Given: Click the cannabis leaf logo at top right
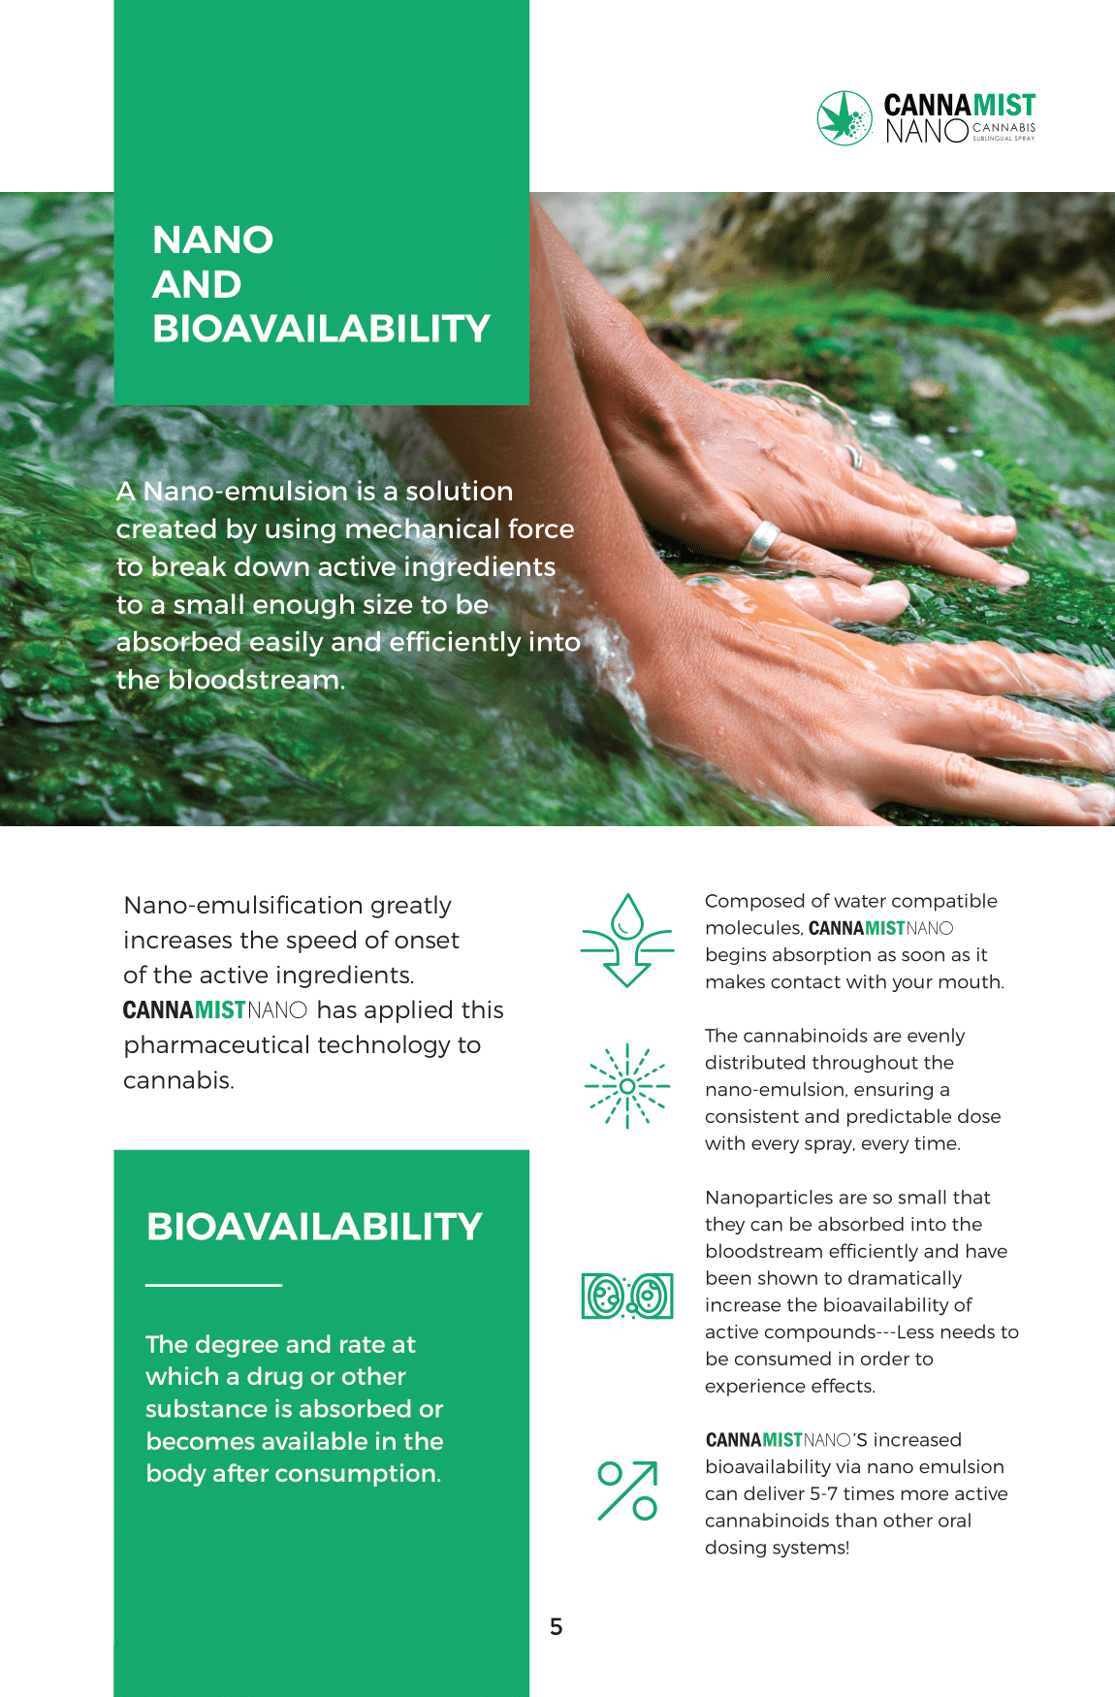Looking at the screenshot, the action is tap(845, 118).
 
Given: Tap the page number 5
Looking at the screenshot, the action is tap(557, 1626).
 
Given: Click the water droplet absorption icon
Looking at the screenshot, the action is tap(627, 940).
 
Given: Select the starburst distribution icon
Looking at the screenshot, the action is tap(627, 1086).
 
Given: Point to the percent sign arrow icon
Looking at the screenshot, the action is tap(627, 1490).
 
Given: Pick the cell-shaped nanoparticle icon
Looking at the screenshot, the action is tap(627, 1296).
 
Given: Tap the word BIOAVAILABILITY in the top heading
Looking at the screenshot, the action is tap(321, 329).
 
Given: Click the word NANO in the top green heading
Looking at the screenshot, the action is tap(213, 240).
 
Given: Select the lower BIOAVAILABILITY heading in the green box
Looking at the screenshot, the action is tap(314, 1227).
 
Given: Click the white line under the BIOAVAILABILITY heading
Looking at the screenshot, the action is tap(213, 1285).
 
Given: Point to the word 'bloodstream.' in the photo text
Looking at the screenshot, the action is tap(257, 680).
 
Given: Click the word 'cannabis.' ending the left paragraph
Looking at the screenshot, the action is tap(178, 1080).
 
